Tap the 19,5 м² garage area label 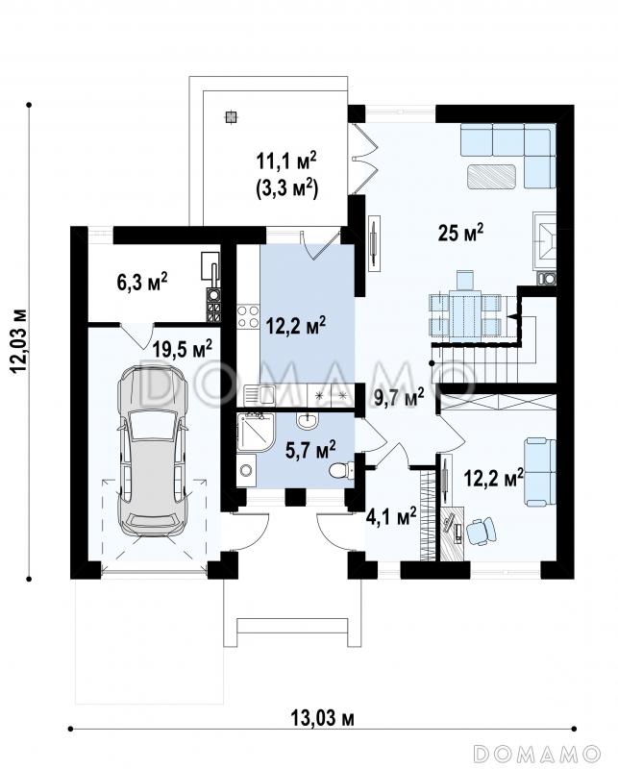point(182,349)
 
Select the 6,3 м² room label point(142,282)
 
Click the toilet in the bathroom point(339,471)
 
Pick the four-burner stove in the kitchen point(248,316)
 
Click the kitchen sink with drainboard point(260,394)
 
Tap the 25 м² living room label point(460,233)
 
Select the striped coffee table point(491,177)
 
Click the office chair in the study point(482,532)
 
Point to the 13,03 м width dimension point(322,718)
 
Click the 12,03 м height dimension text point(19,341)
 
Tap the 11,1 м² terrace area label point(286,161)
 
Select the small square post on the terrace point(231,116)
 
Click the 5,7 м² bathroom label point(310,450)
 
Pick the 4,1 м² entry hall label point(391,516)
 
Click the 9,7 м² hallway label point(399,397)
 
